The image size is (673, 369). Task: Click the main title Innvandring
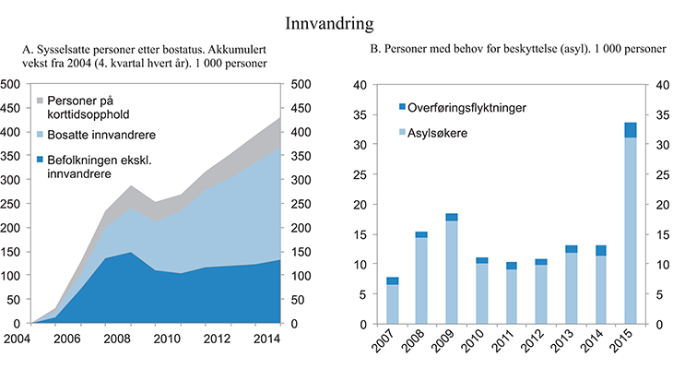point(336,20)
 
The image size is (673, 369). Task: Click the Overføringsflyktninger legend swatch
point(402,108)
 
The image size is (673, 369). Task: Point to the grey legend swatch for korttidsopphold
point(41,100)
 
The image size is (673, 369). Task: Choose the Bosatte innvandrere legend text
point(101,135)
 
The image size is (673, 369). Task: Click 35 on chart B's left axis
point(360,114)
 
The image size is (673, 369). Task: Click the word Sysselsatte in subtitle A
point(79,49)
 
